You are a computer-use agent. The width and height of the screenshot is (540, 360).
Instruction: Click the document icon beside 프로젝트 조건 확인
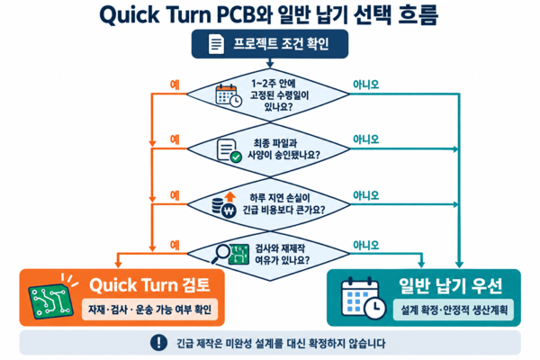coord(216,44)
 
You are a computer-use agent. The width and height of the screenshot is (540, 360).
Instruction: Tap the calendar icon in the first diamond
coord(229,95)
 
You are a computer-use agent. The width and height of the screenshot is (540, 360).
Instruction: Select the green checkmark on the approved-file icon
coord(236,157)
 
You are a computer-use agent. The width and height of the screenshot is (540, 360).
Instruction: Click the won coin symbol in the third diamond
coord(229,211)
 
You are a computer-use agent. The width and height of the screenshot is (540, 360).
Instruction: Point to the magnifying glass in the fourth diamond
coord(220,254)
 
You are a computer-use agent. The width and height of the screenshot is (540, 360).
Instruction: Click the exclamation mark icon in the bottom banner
coord(158,342)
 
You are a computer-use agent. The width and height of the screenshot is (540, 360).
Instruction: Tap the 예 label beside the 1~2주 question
coord(175,85)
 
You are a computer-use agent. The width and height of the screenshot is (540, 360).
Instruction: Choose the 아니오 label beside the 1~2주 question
coord(365,85)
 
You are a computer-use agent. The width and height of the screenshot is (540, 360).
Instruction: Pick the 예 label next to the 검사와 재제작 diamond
coord(175,245)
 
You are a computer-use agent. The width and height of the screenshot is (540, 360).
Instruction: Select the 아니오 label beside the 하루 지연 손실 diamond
coord(365,195)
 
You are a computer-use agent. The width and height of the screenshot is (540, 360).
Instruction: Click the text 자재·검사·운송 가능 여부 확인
coord(149,310)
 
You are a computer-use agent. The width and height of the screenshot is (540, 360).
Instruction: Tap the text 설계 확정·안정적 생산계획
coord(454,310)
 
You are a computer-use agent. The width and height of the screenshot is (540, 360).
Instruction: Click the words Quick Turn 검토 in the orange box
coord(149,285)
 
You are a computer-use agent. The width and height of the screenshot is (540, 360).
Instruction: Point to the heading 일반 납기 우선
coord(451,285)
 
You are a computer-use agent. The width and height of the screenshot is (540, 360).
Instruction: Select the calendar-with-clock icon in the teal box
coord(363,298)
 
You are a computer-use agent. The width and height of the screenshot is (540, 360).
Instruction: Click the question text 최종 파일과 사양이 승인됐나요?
coord(283,149)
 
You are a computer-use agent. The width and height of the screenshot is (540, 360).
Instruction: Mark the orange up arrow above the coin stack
coord(230,197)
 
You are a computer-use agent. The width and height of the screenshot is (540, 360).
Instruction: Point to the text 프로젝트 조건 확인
coord(281,44)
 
